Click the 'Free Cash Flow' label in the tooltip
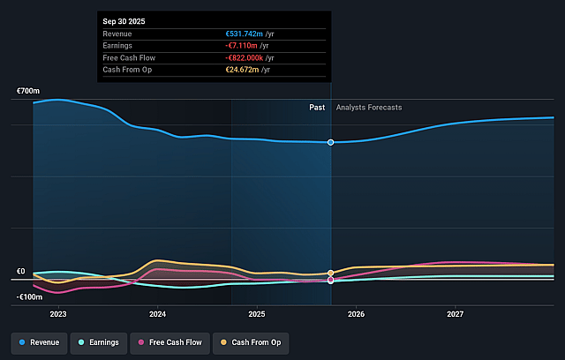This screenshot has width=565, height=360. [x=127, y=57]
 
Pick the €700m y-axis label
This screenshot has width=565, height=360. [x=28, y=92]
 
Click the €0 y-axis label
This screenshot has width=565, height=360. [x=20, y=272]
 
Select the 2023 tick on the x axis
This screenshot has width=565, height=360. [x=58, y=314]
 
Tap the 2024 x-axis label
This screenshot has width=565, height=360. [x=157, y=314]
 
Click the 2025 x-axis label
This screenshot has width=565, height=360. [x=257, y=314]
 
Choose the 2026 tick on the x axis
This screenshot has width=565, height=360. [x=357, y=314]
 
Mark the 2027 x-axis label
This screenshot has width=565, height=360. [x=456, y=314]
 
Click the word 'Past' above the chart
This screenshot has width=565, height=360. [x=317, y=108]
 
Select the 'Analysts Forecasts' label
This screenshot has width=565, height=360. [x=369, y=108]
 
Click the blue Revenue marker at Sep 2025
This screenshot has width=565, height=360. [x=331, y=142]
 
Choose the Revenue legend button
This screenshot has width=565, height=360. [x=41, y=341]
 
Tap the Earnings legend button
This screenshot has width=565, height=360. [x=97, y=341]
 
